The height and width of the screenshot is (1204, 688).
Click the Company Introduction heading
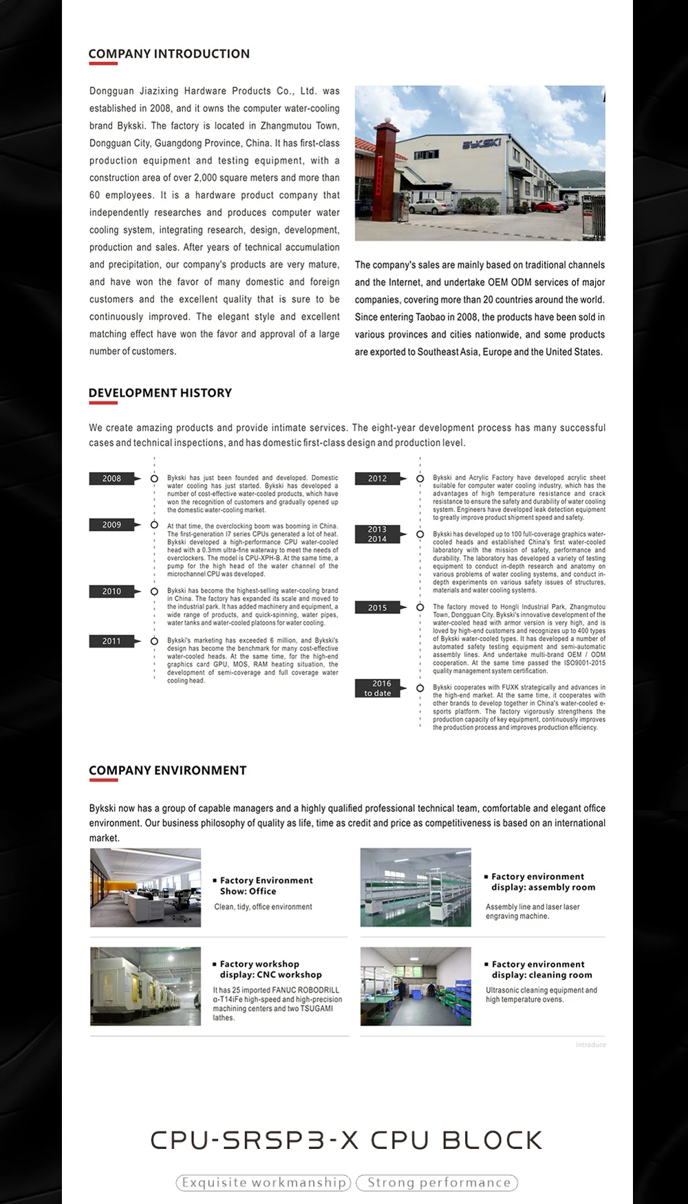[169, 54]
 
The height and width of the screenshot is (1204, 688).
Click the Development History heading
[160, 393]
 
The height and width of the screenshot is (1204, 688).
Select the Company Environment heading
[167, 771]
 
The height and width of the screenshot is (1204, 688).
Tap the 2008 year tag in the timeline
[111, 478]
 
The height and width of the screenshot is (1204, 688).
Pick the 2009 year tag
[111, 525]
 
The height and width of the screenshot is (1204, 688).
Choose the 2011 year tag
[111, 641]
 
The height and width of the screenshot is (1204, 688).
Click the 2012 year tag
[377, 478]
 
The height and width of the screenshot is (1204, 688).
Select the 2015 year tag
[377, 608]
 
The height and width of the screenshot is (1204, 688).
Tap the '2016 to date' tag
[377, 688]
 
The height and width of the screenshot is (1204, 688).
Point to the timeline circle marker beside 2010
[154, 592]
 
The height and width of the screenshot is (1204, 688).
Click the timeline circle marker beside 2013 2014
[420, 535]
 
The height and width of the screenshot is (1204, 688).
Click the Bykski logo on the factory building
[481, 144]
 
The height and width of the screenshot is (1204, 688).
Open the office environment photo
[146, 888]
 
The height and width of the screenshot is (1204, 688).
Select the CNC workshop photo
[146, 987]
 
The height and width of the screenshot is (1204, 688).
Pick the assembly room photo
[416, 888]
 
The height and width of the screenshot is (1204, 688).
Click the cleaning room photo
[416, 987]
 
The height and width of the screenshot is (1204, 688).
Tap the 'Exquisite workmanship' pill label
[264, 1183]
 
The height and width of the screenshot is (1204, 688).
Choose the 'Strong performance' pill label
[438, 1183]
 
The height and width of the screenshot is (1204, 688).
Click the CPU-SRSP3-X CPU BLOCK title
[346, 1140]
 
